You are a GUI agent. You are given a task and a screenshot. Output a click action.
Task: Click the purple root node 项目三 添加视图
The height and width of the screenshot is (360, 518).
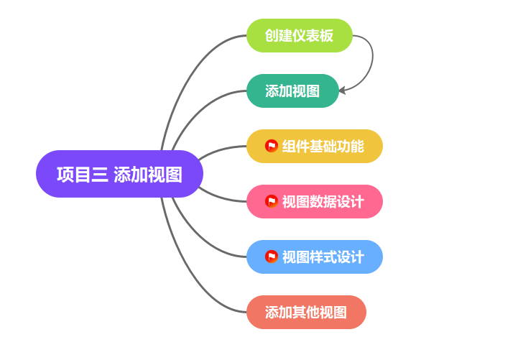click(x=119, y=174)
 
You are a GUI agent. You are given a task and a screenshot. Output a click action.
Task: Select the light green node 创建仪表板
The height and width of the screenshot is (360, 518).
click(x=300, y=36)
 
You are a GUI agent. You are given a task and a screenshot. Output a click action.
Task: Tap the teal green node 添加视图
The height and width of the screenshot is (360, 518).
click(x=292, y=91)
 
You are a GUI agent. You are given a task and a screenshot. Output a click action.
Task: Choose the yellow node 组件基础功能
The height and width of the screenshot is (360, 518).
click(x=315, y=147)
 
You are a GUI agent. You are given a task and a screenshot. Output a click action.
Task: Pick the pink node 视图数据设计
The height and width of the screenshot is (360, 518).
click(x=315, y=202)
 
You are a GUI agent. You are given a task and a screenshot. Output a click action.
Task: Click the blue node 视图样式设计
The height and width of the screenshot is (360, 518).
click(x=315, y=257)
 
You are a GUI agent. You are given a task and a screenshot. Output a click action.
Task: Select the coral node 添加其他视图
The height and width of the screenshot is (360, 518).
click(x=306, y=313)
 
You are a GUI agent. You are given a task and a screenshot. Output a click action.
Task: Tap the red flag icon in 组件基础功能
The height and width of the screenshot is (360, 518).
click(x=271, y=146)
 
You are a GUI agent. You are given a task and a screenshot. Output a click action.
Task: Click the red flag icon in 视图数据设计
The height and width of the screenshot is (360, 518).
click(x=271, y=201)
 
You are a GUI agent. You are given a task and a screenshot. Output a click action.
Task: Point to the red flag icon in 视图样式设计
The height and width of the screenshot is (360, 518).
click(x=271, y=257)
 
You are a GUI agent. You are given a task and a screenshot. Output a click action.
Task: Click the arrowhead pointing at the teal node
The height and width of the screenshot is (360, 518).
click(x=342, y=91)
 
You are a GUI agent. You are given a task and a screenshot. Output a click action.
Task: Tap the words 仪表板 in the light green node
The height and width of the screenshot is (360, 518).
click(x=316, y=36)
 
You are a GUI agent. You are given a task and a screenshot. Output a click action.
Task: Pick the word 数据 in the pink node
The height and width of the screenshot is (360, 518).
click(x=323, y=202)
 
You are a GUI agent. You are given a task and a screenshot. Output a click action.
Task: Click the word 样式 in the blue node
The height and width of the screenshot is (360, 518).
click(x=323, y=257)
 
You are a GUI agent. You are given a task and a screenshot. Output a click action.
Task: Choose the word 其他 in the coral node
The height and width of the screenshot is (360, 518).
click(x=306, y=313)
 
